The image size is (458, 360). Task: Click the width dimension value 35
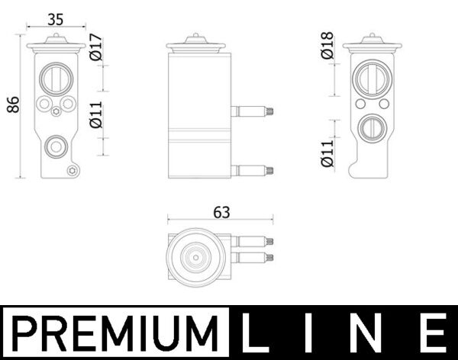54,18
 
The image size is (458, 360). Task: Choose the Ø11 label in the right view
327,153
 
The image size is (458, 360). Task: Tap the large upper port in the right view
372,78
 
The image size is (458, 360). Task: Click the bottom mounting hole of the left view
73,171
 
